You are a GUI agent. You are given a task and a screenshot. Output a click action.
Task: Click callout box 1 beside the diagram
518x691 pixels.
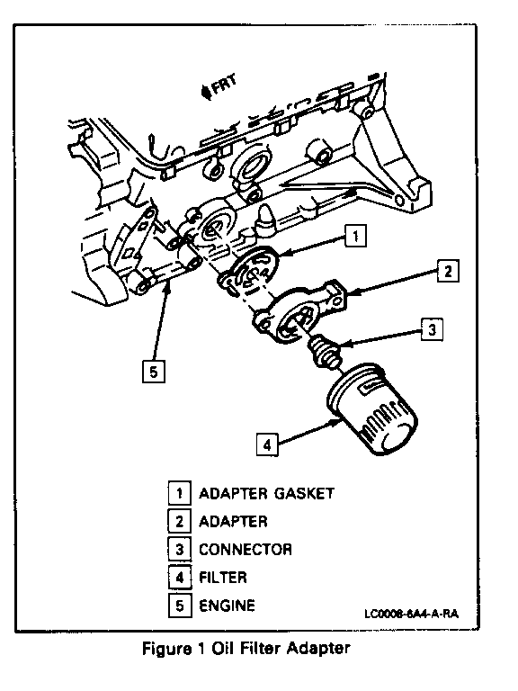point(355,237)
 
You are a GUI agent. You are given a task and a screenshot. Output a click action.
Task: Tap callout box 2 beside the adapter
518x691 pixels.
point(448,271)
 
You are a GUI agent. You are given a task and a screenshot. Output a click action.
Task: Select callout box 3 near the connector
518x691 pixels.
point(432,329)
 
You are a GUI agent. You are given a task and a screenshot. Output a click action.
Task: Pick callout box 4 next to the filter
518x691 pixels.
point(267,444)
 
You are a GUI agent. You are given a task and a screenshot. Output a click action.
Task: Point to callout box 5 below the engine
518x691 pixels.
point(153,372)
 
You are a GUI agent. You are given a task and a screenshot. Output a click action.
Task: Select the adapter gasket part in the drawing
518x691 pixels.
point(250,274)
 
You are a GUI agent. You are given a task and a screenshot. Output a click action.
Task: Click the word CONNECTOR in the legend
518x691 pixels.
point(246,549)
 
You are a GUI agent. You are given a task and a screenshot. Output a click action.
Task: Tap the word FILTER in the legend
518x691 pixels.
point(223,578)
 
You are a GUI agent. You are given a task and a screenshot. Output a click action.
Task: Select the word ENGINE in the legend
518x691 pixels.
point(227,605)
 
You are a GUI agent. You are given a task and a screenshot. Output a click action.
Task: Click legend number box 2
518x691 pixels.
point(179,521)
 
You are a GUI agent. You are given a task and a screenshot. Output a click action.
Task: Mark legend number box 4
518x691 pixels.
point(179,578)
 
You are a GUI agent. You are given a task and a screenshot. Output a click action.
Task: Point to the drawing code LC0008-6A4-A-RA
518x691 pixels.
point(411,614)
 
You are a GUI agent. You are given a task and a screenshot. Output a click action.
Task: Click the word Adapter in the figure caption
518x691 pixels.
point(319,648)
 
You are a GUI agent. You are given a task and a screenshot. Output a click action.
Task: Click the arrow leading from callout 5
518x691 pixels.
point(161,322)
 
